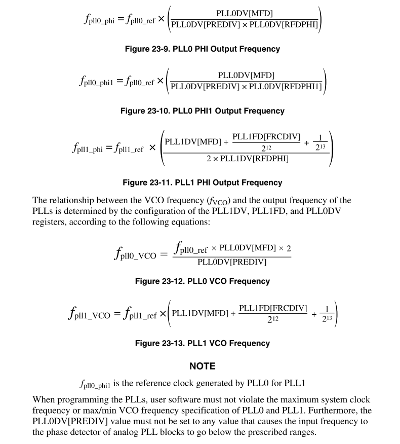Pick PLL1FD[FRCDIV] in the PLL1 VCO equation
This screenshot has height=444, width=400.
coord(273,308)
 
